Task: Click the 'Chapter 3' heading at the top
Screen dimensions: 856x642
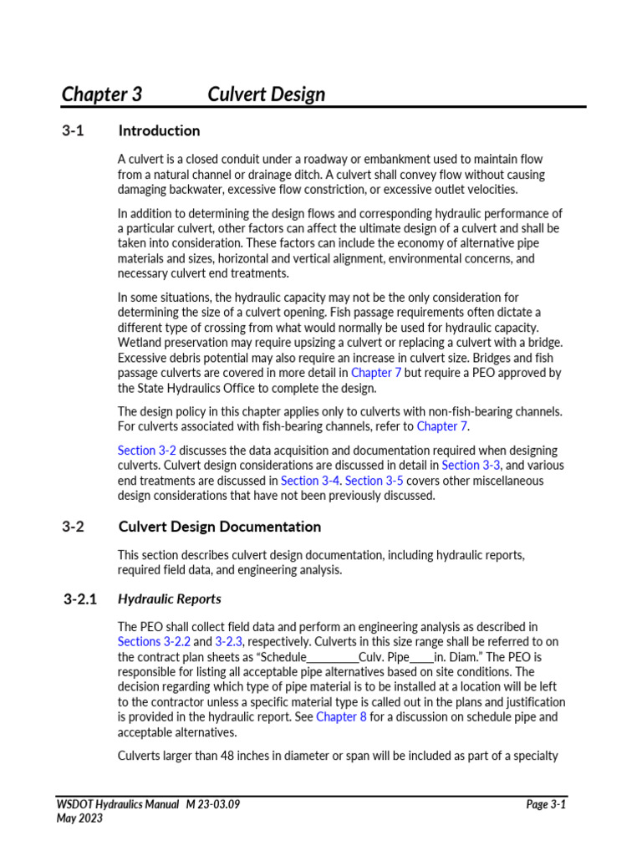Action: (101, 94)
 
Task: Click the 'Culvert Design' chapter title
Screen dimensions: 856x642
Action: (266, 94)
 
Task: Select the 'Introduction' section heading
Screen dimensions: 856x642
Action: (159, 130)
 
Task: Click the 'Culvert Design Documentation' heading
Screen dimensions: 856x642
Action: (219, 527)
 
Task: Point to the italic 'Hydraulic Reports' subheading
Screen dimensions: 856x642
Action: (170, 599)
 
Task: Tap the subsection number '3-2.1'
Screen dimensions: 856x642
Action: (80, 599)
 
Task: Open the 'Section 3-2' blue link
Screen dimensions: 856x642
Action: (146, 451)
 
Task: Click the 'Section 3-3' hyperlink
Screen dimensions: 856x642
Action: (471, 466)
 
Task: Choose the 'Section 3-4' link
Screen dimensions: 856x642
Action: (311, 481)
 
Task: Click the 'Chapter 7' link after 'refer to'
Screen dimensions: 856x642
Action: (441, 426)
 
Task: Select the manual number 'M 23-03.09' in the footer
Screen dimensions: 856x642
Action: (213, 804)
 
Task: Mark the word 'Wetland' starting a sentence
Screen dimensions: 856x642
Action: (139, 343)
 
